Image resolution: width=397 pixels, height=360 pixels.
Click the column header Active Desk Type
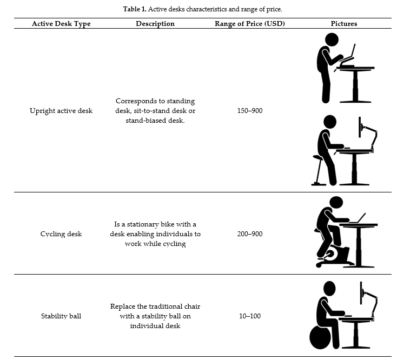(61, 24)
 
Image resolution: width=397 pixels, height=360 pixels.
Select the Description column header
(155, 24)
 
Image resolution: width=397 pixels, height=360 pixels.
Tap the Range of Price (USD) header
(250, 24)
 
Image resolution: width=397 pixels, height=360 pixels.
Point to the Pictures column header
(344, 24)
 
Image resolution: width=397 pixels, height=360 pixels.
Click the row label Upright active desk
(61, 111)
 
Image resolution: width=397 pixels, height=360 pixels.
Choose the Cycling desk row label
(61, 234)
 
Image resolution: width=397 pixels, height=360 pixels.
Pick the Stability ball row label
(61, 316)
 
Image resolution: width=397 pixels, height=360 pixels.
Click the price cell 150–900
(250, 111)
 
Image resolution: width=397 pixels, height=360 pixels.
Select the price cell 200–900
(250, 234)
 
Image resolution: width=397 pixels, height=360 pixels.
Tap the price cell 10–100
(250, 316)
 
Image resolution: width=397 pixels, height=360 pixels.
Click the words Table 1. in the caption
(135, 9)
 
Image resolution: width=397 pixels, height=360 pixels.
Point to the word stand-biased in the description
(143, 121)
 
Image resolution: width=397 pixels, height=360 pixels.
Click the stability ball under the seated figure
(320, 337)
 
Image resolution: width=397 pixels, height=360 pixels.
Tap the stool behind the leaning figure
(318, 170)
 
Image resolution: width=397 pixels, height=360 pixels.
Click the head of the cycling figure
(336, 203)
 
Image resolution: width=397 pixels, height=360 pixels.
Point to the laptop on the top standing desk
(348, 55)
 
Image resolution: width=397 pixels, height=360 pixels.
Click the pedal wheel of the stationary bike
(330, 255)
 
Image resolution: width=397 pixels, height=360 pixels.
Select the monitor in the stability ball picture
(361, 293)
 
